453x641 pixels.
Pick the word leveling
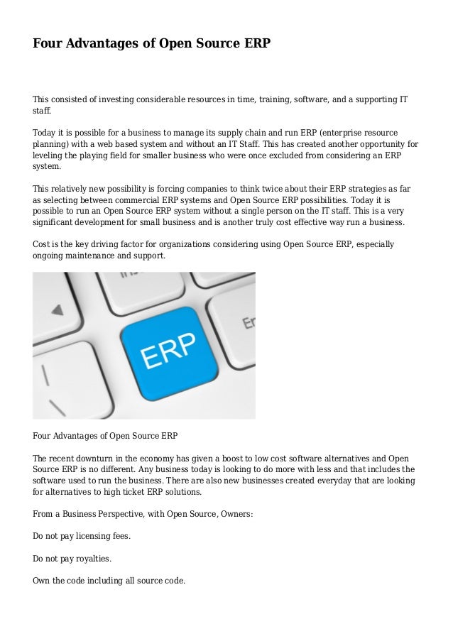point(50,155)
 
